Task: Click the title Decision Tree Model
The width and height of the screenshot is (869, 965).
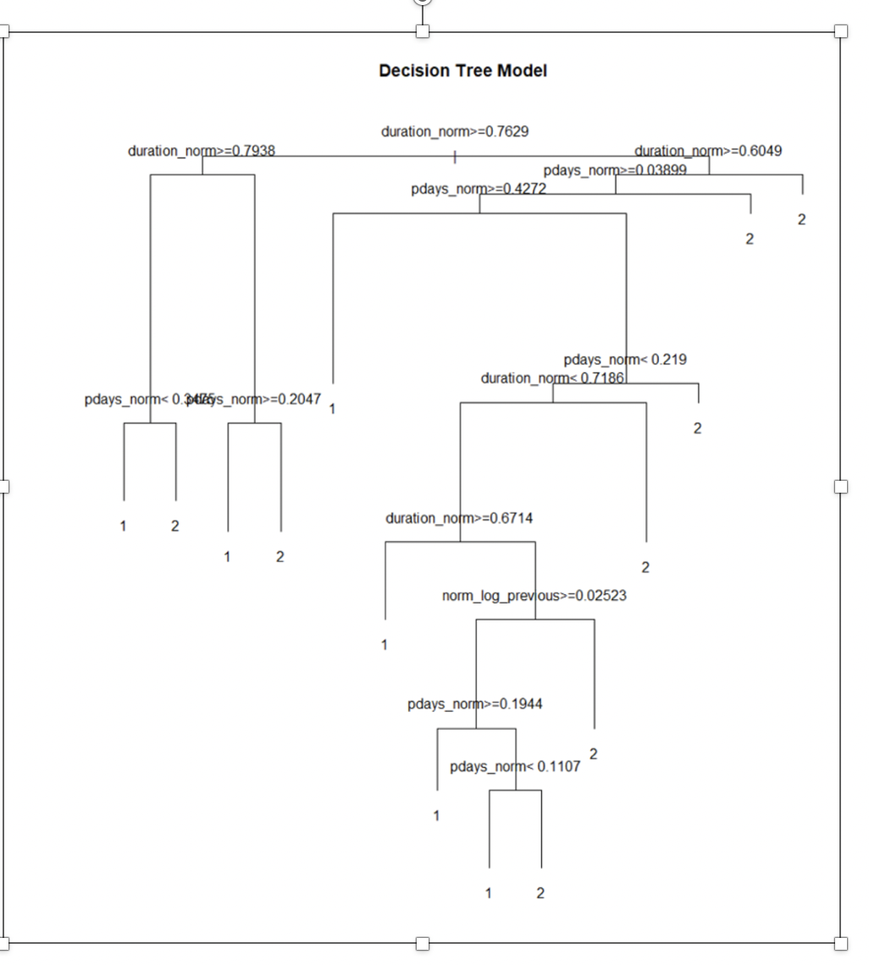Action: [x=462, y=71]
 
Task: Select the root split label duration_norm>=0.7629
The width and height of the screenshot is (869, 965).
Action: [x=456, y=131]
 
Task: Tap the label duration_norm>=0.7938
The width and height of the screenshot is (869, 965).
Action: [x=202, y=151]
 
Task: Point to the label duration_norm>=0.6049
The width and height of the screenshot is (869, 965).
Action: [x=708, y=151]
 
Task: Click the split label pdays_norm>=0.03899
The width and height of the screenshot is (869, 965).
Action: [x=615, y=170]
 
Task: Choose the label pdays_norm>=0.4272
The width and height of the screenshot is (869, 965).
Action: [x=479, y=189]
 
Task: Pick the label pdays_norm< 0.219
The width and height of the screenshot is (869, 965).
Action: [x=625, y=360]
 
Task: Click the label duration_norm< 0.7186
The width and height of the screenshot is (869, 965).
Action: [x=552, y=378]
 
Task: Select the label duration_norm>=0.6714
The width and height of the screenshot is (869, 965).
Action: [x=459, y=518]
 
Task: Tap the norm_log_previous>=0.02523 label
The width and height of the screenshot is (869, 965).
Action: [x=534, y=596]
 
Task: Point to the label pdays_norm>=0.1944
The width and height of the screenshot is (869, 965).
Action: [x=475, y=704]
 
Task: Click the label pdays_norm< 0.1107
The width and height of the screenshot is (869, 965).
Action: [x=515, y=767]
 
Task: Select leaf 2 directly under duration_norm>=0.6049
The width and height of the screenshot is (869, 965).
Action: [x=801, y=220]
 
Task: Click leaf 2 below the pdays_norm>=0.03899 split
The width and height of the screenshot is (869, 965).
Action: [x=750, y=240]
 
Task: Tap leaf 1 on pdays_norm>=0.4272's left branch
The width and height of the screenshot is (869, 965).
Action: [x=332, y=409]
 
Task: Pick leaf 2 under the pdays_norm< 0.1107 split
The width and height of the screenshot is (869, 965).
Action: [x=540, y=893]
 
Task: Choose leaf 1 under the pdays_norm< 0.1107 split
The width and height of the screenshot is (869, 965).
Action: [x=489, y=893]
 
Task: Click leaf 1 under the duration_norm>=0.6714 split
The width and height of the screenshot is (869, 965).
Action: [x=385, y=645]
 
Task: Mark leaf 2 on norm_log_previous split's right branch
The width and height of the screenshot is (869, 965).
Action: [x=594, y=753]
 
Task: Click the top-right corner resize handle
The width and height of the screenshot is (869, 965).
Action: [x=840, y=31]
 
